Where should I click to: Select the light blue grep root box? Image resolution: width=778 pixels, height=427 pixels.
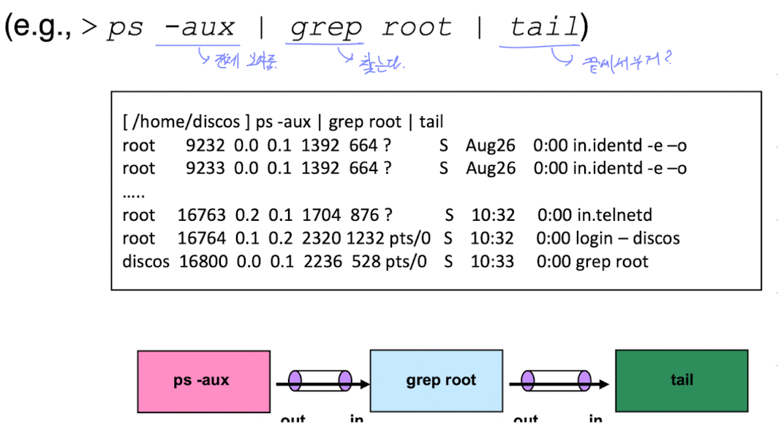tap(440, 381)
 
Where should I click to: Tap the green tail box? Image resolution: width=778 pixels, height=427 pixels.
tap(681, 381)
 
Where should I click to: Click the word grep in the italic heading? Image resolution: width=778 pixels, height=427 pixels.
tap(325, 29)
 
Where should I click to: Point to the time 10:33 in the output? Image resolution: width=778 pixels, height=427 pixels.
tap(493, 262)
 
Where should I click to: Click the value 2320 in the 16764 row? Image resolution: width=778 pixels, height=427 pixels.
tap(321, 238)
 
